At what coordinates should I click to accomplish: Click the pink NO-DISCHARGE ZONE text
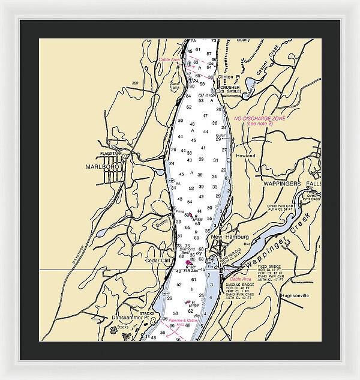[x=260, y=120]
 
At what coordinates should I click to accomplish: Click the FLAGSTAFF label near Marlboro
[x=112, y=154]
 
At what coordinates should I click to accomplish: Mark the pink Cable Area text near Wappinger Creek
[x=240, y=280]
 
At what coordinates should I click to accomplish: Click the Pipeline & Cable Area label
[x=184, y=322]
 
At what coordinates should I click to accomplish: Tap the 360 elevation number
[x=135, y=83]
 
